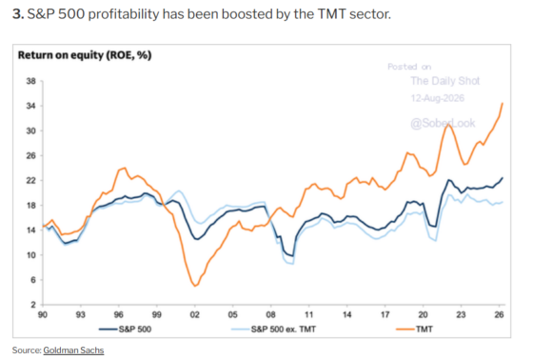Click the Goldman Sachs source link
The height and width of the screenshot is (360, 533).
73,350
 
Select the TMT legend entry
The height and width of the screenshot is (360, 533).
414,329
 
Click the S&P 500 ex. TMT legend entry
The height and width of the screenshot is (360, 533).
273,329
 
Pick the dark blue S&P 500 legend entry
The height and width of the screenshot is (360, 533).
125,329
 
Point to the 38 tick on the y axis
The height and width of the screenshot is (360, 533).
30,81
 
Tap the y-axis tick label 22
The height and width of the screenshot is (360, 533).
30,180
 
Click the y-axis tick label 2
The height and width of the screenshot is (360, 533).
33,305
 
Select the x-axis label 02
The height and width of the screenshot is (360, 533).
194,314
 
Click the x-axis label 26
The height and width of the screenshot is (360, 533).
499,314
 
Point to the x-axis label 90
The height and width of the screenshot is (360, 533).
43,314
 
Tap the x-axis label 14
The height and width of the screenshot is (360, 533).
346,314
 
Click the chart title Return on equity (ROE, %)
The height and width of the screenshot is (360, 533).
85,55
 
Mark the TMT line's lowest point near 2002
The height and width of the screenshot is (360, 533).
195,286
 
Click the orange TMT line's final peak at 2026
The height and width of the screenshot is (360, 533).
503,103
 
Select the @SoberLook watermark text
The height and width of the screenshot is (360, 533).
443,123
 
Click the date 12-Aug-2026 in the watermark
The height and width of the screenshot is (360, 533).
438,98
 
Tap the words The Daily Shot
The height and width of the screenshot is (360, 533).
445,81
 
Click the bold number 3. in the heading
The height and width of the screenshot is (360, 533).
18,14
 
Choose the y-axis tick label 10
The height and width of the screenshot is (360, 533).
30,255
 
